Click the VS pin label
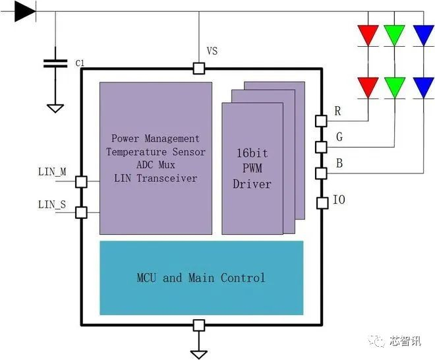pos(212,51)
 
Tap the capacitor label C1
pos(80,63)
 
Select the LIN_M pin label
pos(52,172)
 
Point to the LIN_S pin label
pos(52,204)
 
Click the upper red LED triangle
pos(367,35)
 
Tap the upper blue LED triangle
pos(422,35)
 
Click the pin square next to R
pos(322,121)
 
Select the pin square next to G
pos(322,146)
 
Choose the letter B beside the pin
pos(338,163)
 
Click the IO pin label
pos(339,199)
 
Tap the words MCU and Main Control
pos(201,278)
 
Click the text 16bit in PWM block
pos(252,153)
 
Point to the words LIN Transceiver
pos(156,178)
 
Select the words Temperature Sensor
pos(156,152)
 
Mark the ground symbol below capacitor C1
pos(55,107)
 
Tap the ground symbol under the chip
pos(198,353)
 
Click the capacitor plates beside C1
pos(55,63)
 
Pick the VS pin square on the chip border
pos(198,68)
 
